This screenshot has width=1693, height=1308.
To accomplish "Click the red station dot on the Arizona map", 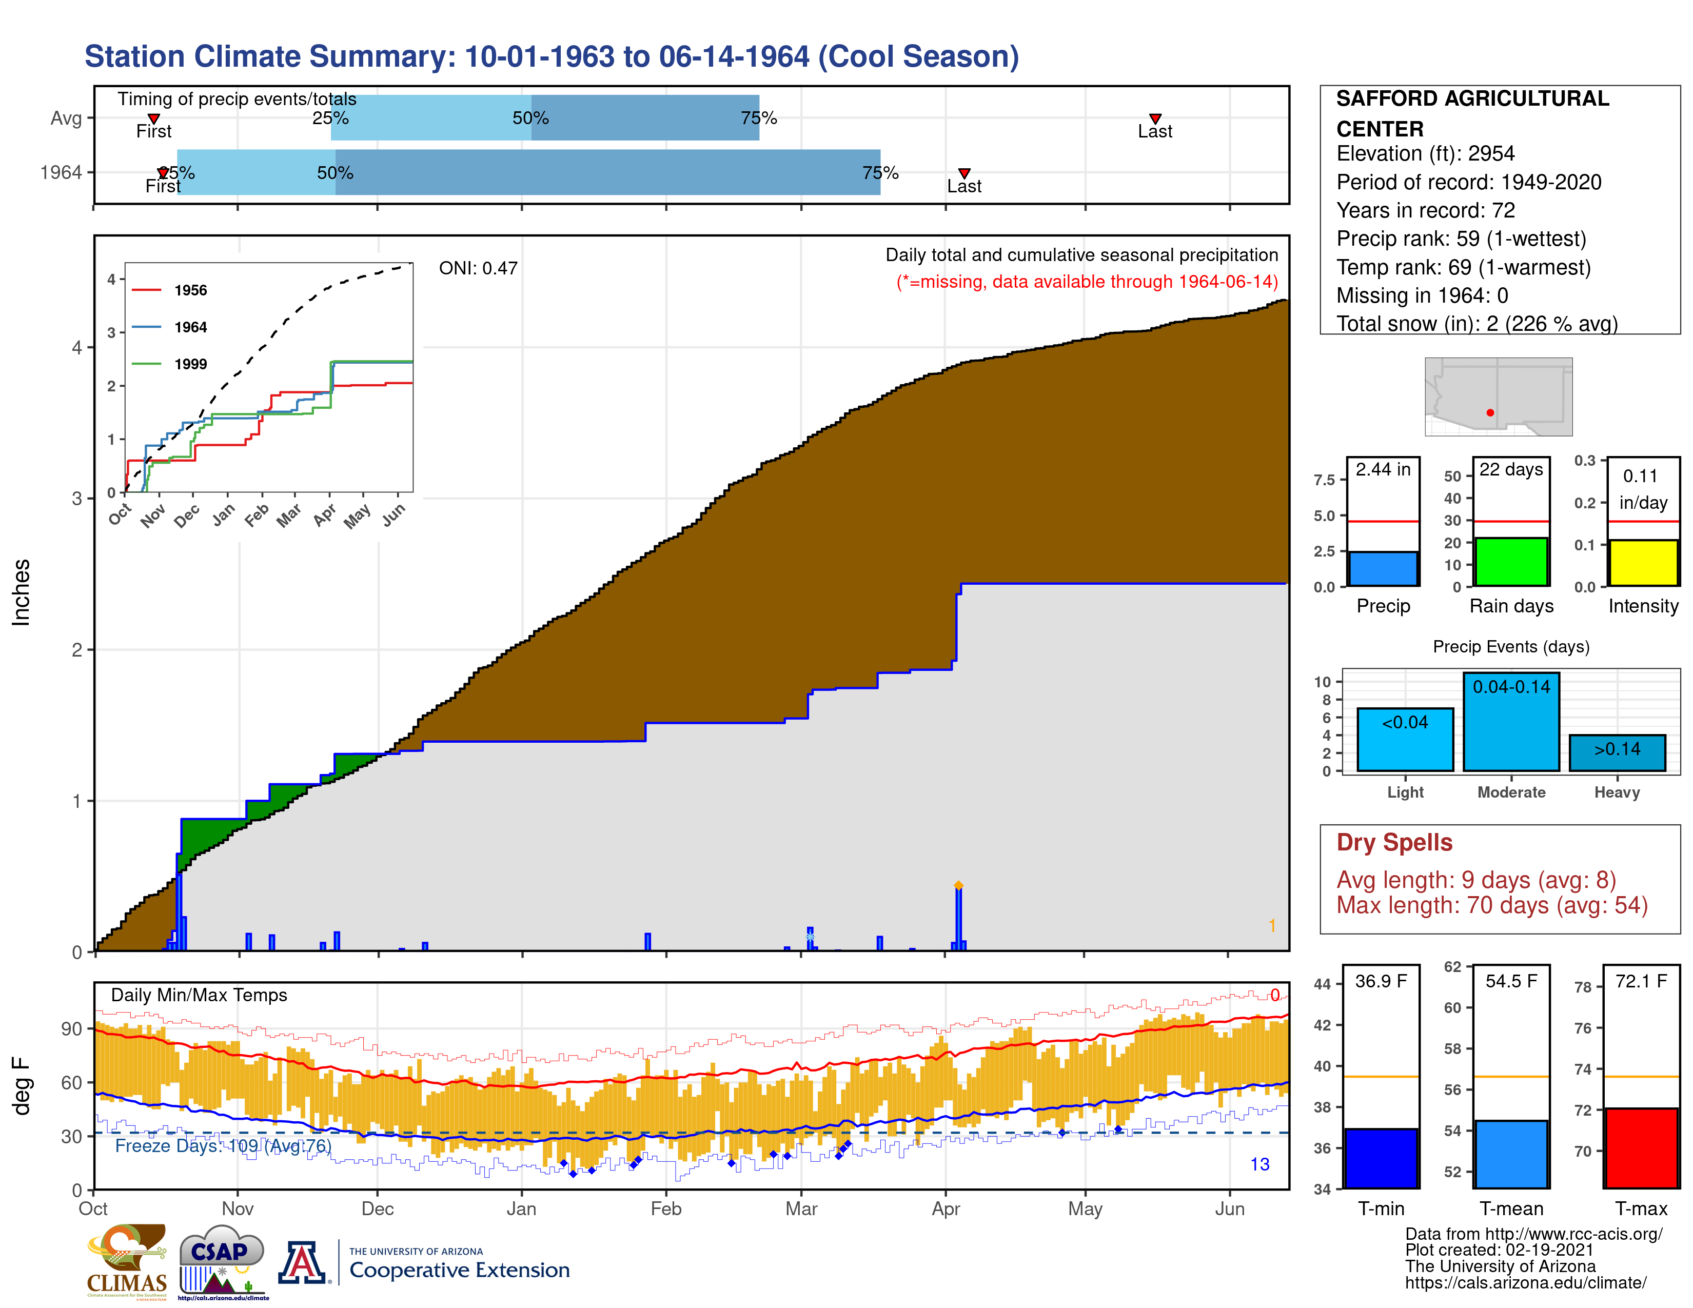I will pos(1489,412).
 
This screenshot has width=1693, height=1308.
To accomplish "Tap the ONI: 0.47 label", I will pos(478,268).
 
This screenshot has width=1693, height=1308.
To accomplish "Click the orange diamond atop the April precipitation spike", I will pos(958,885).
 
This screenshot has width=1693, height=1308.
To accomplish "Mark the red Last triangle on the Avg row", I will pos(1154,118).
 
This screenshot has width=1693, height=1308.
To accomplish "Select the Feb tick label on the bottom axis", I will pos(665,1209).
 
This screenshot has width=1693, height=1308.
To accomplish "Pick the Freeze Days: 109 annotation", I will pos(223,1145).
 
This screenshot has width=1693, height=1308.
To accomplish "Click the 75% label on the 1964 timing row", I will pos(880,173).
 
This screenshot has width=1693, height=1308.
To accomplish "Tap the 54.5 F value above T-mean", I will pos(1510,981).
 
